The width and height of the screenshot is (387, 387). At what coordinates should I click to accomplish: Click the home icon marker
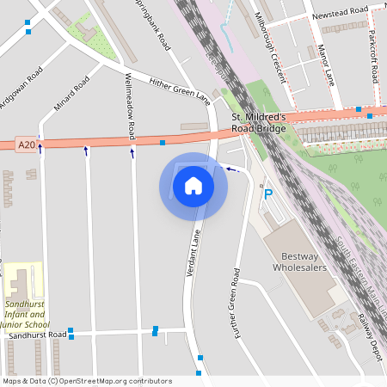pyautogui.click(x=193, y=185)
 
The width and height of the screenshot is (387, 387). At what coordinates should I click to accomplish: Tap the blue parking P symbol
pyautogui.click(x=267, y=194)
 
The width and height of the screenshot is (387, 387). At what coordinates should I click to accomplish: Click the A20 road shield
pyautogui.click(x=26, y=145)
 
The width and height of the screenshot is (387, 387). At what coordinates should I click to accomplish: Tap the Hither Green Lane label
pyautogui.click(x=179, y=86)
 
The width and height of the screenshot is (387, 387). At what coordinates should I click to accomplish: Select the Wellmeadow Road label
pyautogui.click(x=130, y=107)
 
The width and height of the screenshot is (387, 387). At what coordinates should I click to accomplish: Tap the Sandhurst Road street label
pyautogui.click(x=33, y=335)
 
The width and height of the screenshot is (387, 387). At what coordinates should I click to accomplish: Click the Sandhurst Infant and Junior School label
pyautogui.click(x=26, y=315)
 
